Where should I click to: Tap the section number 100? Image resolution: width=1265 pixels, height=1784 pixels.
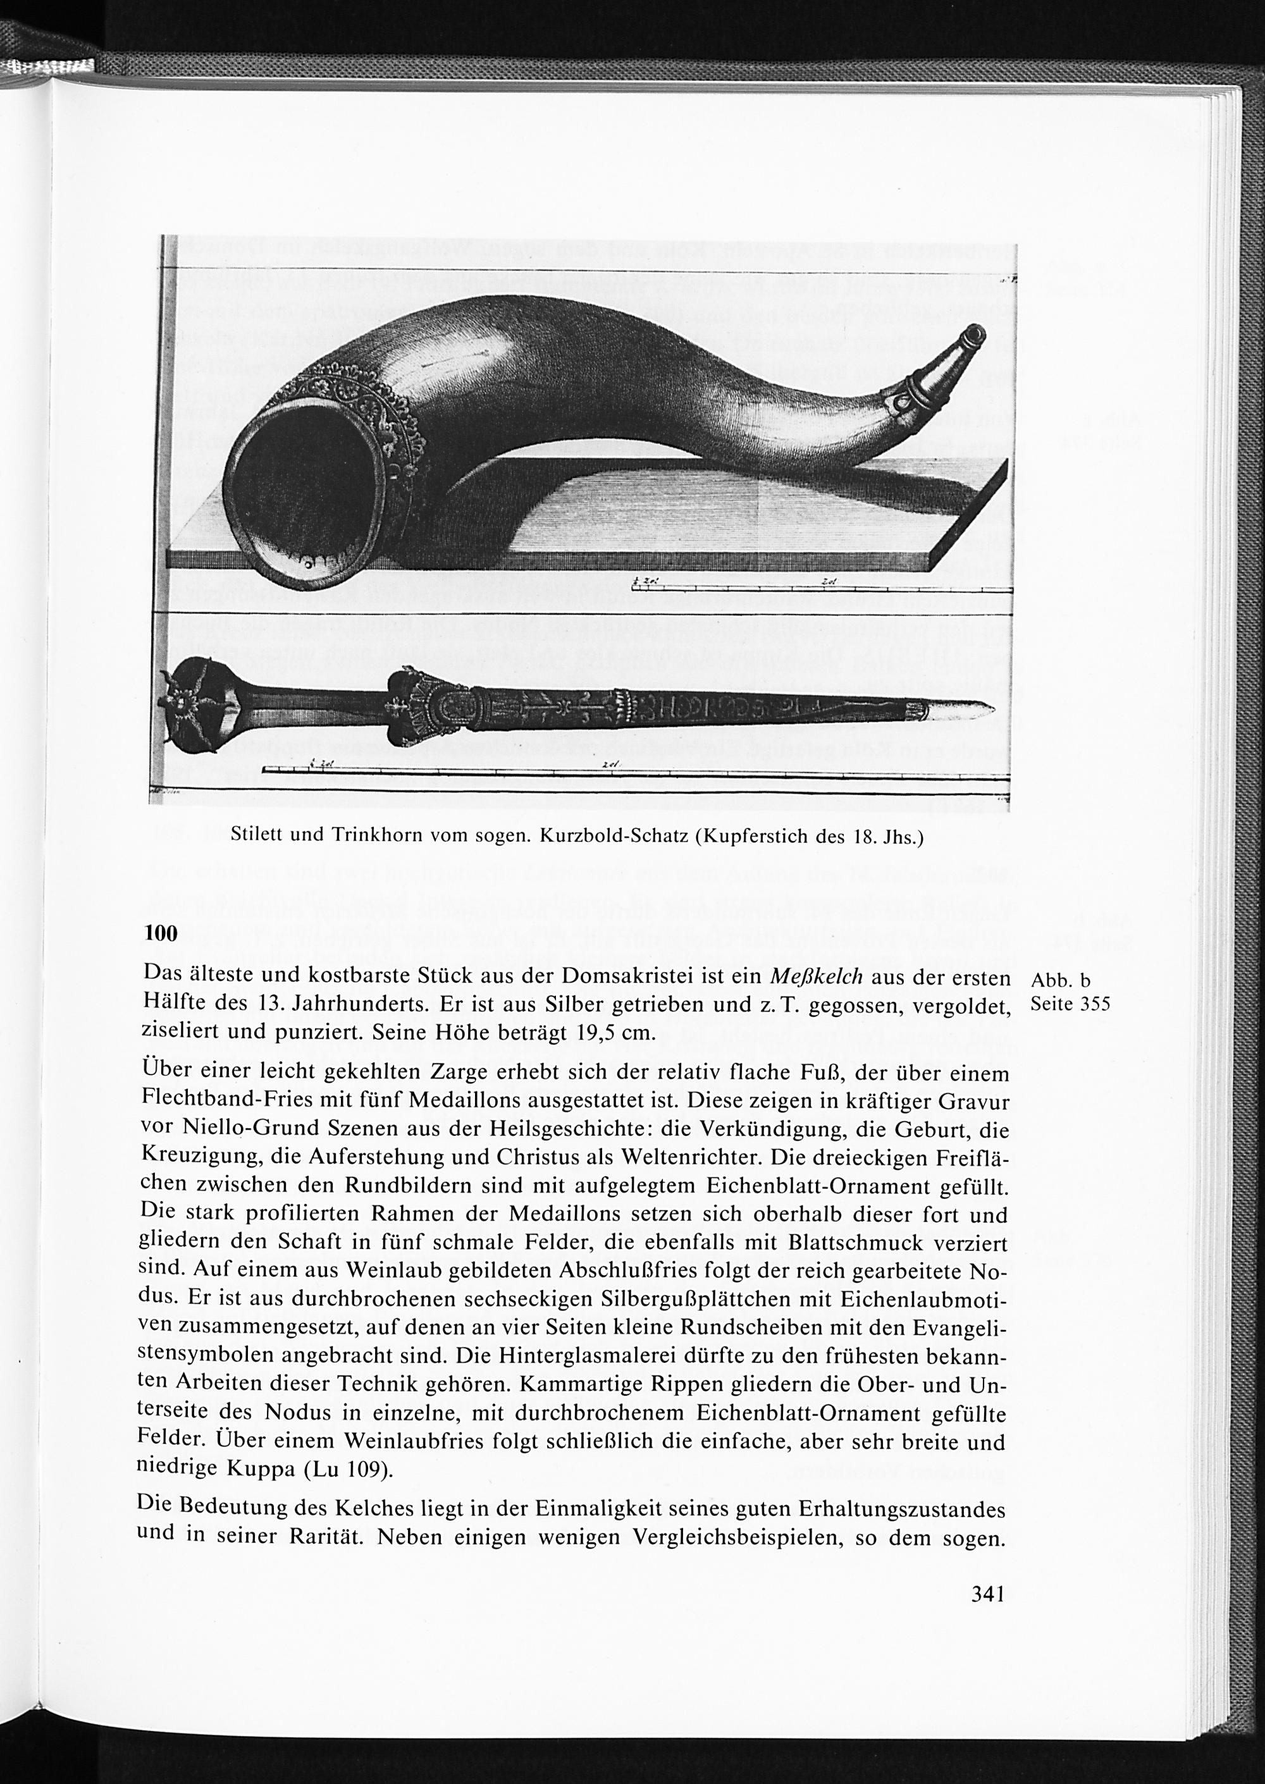(161, 933)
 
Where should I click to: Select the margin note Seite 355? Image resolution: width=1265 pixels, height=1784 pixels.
(1070, 1004)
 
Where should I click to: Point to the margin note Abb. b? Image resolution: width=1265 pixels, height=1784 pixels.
(1059, 980)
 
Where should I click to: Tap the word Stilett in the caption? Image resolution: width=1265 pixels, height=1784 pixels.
(259, 837)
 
